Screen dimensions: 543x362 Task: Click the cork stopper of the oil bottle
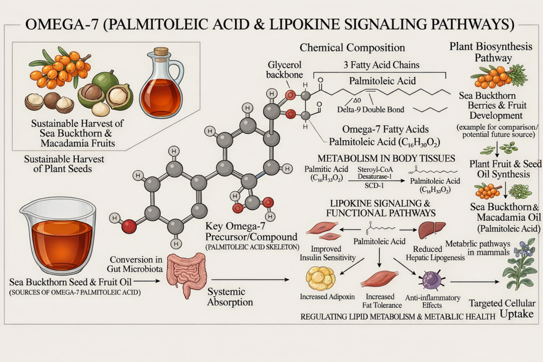[161, 51]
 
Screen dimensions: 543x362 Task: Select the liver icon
[432, 230]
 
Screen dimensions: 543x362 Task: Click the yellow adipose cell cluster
[320, 278]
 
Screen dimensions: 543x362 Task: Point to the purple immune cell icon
[432, 280]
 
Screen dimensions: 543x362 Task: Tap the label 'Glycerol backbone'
[284, 69]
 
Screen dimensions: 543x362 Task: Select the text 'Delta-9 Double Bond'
[371, 110]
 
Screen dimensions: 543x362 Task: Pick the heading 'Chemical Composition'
[352, 47]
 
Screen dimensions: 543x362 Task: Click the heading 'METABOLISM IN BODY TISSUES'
[386, 158]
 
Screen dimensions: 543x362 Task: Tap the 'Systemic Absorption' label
[230, 297]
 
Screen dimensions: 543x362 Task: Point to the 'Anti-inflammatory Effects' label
[433, 302]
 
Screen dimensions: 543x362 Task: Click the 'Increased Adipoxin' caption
[327, 297]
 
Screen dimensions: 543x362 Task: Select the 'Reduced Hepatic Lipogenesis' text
[435, 253]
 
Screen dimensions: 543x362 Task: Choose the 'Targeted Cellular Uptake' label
[502, 308]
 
